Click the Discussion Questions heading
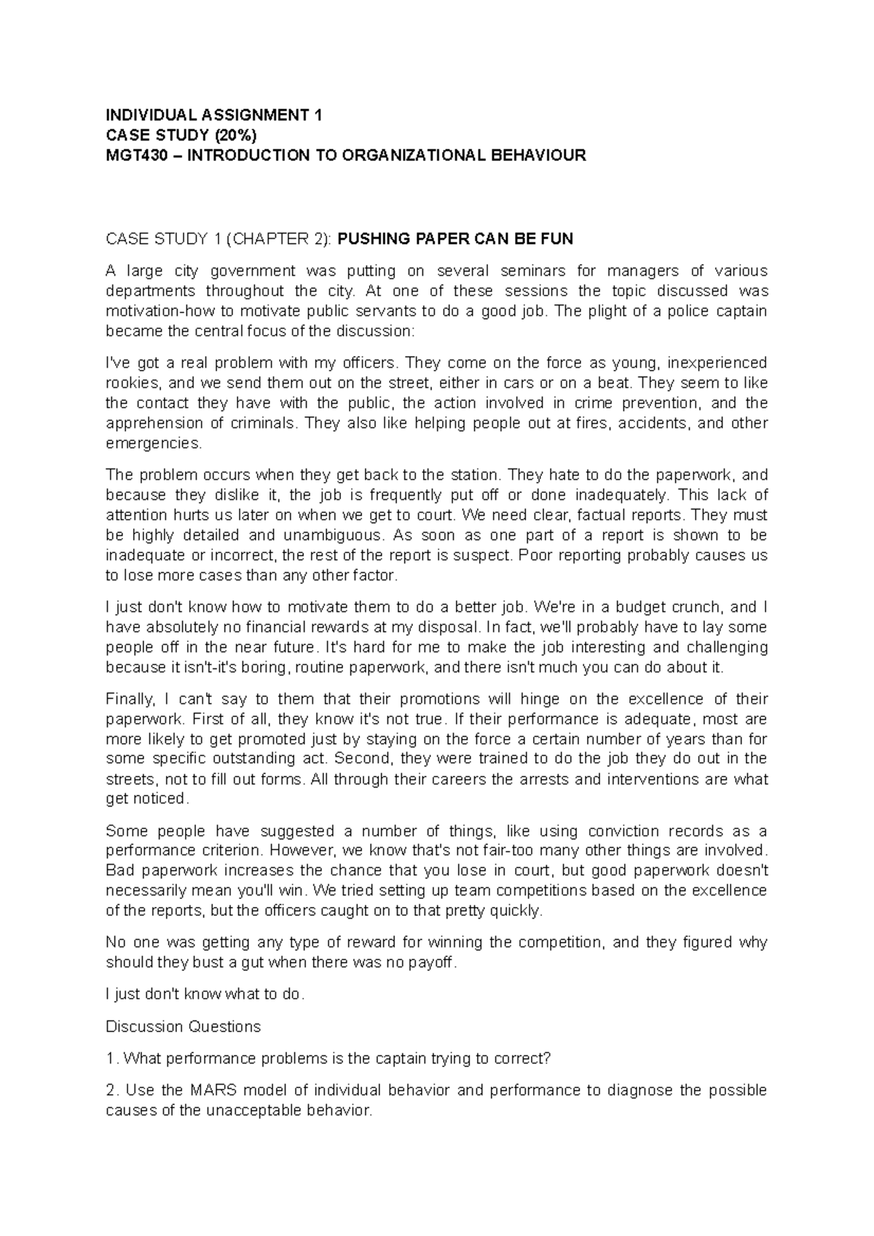tap(183, 1026)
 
